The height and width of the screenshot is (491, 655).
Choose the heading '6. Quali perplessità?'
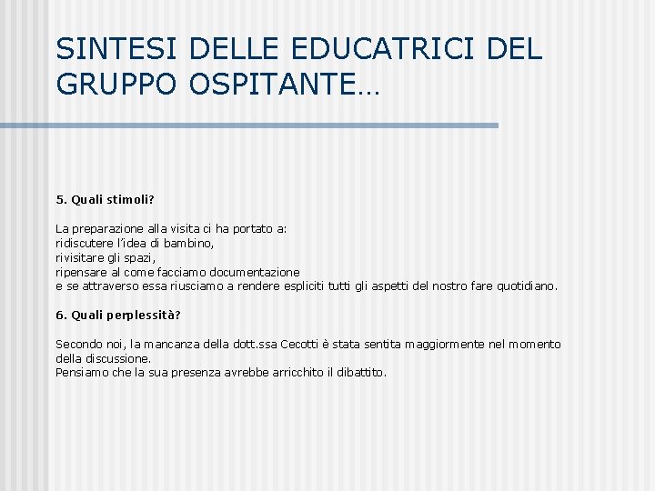coord(118,315)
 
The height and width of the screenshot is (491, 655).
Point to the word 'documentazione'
coord(255,272)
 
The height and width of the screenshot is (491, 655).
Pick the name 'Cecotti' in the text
coord(315,345)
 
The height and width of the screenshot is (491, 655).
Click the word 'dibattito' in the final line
coord(362,373)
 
